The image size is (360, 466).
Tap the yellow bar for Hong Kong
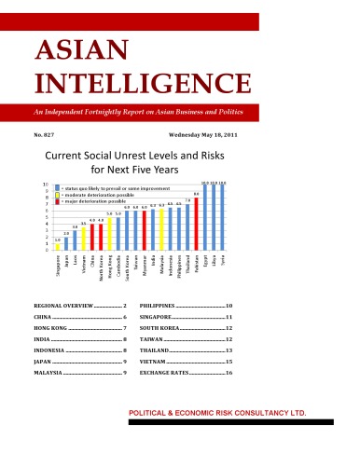(110, 232)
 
